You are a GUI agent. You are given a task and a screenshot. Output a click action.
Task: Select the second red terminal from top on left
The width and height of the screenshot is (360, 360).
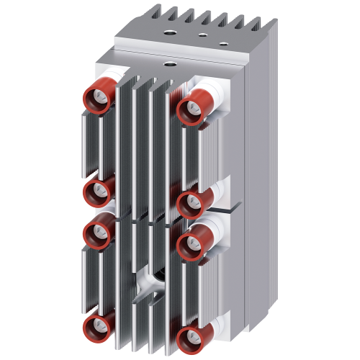pyautogui.click(x=96, y=192)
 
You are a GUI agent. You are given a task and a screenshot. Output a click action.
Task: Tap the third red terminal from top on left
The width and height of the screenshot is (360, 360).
pyautogui.click(x=96, y=233)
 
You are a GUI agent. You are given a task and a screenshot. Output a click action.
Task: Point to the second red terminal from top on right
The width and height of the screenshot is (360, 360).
pyautogui.click(x=191, y=204)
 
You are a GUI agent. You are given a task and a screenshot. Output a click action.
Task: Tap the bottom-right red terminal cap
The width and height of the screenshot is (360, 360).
pyautogui.click(x=191, y=336)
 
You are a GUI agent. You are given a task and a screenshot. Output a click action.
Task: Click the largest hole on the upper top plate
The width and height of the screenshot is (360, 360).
pyautogui.click(x=174, y=32)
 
